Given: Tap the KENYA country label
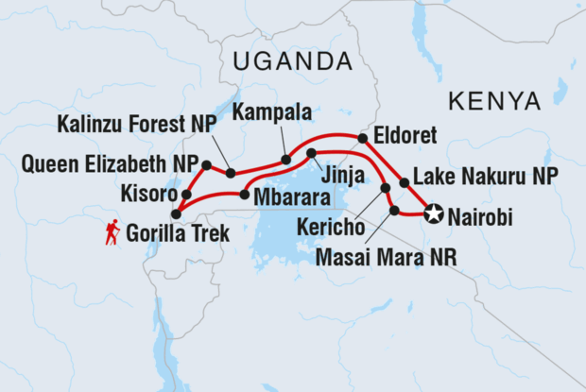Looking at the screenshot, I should (x=495, y=101).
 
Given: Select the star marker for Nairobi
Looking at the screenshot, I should (x=434, y=214).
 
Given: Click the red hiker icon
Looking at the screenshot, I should (x=112, y=232).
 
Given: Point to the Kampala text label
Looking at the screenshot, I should (x=273, y=113).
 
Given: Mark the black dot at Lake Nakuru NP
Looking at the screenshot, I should (x=405, y=182).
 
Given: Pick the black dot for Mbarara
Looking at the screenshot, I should (x=245, y=196).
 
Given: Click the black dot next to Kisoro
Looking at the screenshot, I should (x=186, y=195).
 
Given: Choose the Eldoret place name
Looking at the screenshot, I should (x=405, y=136).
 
